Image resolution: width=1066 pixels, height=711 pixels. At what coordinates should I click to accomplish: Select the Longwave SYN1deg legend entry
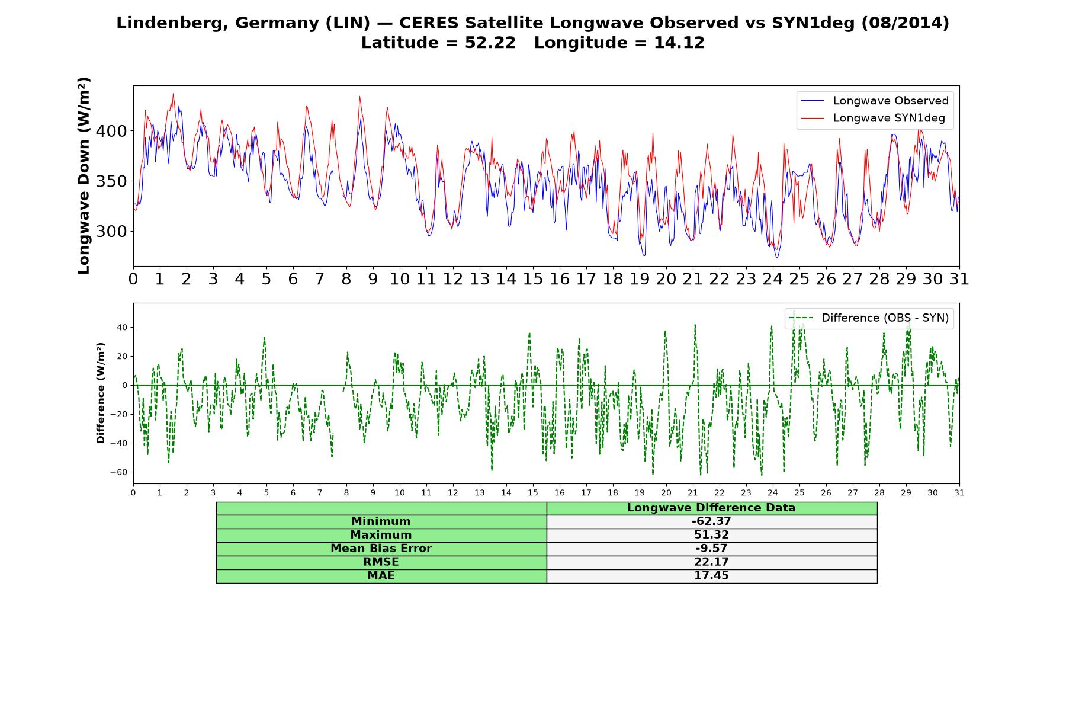[x=872, y=118]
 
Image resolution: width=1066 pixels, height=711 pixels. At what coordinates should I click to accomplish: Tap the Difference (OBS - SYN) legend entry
[x=869, y=318]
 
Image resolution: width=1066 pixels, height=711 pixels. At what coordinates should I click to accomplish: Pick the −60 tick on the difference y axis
[x=118, y=472]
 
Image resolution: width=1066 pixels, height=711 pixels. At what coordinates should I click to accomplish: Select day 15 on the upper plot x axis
[x=533, y=279]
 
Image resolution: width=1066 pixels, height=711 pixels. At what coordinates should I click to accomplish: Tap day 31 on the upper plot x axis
[x=959, y=279]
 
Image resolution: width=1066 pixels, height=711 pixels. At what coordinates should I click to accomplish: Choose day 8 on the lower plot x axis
[x=346, y=492]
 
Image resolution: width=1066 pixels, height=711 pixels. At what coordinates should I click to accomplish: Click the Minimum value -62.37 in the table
[x=711, y=521]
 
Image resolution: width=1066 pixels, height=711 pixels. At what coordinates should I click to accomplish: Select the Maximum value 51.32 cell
[x=711, y=535]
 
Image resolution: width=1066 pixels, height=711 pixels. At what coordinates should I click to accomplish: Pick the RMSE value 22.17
[x=711, y=562]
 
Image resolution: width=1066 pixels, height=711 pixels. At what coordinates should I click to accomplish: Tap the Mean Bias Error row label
[x=381, y=549]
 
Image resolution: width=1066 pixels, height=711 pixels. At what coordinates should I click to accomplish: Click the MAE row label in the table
[x=381, y=576]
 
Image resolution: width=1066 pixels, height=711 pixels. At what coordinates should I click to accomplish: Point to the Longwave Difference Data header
[x=711, y=508]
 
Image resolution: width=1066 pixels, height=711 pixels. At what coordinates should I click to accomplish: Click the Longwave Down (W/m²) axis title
[x=84, y=175]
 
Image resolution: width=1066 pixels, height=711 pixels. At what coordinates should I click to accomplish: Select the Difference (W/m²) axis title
[x=101, y=393]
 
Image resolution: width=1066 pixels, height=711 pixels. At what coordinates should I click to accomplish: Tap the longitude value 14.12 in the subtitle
[x=679, y=43]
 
